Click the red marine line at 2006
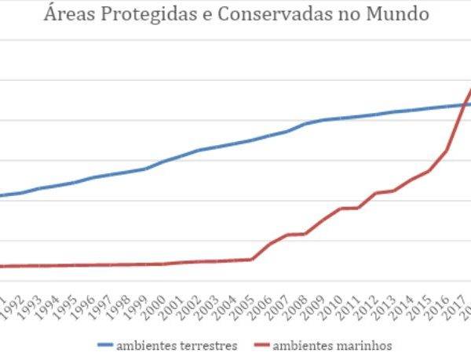[269, 244]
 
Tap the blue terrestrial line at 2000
[164, 161]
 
